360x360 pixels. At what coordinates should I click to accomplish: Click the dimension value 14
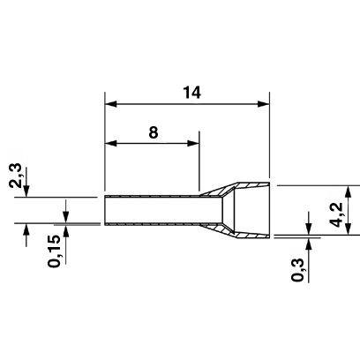click(x=191, y=93)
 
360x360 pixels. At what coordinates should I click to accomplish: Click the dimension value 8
click(x=154, y=132)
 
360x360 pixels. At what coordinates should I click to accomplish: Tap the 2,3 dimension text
click(x=15, y=176)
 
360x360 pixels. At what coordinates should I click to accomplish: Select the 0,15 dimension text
click(x=54, y=251)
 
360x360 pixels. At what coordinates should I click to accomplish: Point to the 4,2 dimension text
click(x=336, y=214)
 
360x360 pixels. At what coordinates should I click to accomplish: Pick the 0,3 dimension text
click(x=297, y=270)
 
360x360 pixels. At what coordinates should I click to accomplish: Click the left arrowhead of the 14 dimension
click(x=111, y=103)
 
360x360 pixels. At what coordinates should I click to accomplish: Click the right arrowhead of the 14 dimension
click(x=263, y=103)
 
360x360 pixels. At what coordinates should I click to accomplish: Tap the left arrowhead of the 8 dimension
click(x=111, y=144)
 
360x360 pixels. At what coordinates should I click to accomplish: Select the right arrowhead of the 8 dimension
click(x=193, y=144)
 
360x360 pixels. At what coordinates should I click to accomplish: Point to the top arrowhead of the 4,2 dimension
click(x=349, y=191)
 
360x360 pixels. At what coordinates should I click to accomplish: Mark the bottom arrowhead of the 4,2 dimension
click(x=349, y=229)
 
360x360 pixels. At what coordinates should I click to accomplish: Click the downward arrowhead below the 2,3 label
click(x=26, y=191)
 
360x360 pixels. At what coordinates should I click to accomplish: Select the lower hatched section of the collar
click(x=236, y=231)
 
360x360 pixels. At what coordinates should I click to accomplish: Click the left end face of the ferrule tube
click(x=105, y=210)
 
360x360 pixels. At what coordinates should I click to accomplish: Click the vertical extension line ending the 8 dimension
click(x=199, y=161)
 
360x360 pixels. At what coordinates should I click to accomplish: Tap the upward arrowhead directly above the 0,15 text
click(x=66, y=231)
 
